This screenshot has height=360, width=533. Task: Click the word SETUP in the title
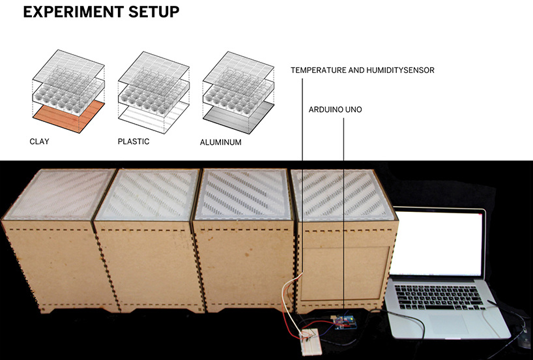(x=154, y=12)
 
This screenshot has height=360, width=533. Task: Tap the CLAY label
(x=39, y=141)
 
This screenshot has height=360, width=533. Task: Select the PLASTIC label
(x=134, y=141)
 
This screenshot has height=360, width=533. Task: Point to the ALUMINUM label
(x=222, y=142)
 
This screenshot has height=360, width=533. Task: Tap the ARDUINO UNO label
(x=335, y=110)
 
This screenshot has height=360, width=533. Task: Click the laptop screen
(x=440, y=245)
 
